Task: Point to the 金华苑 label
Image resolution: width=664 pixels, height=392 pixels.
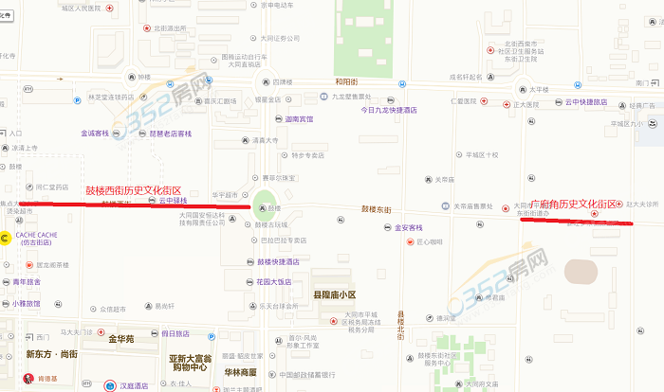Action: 126,338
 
